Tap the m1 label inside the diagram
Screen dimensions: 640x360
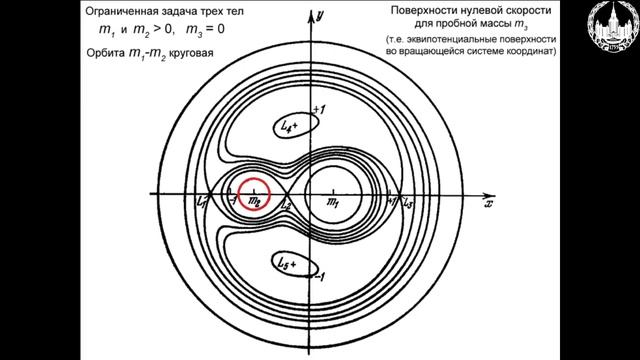pyautogui.click(x=334, y=204)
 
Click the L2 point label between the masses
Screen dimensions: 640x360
pyautogui.click(x=288, y=204)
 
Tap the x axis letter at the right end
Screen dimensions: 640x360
pyautogui.click(x=488, y=204)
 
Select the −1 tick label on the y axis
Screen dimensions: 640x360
pyautogui.click(x=320, y=278)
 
